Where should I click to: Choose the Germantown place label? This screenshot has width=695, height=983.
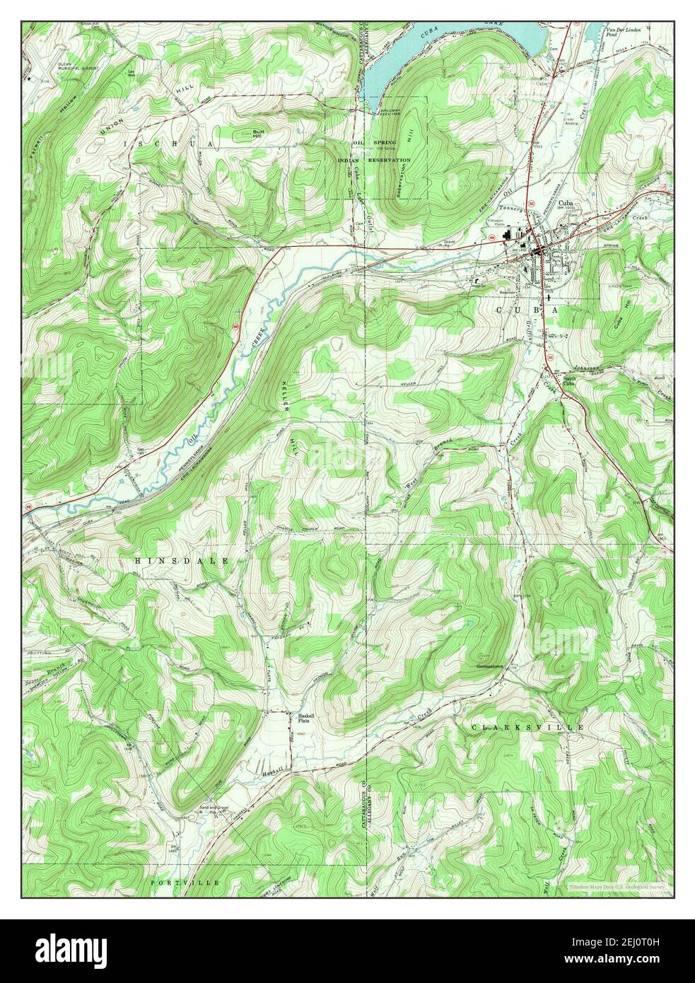pos(493,666)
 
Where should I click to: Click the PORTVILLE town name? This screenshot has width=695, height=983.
pos(185,883)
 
